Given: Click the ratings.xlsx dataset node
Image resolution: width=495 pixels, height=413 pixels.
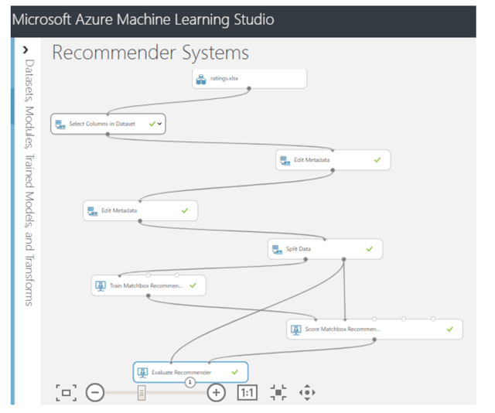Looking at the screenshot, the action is point(249,79).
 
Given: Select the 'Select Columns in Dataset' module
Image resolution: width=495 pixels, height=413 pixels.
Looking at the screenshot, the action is point(108,124).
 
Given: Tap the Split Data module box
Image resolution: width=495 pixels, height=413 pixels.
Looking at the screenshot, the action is point(325,249).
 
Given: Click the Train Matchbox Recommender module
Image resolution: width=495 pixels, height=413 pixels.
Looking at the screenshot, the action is point(148,285).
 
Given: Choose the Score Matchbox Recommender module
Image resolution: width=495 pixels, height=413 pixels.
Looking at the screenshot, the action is point(374,329).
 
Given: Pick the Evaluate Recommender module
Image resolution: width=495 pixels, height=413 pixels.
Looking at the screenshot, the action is point(190,372).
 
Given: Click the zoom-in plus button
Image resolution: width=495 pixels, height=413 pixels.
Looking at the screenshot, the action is point(217,392).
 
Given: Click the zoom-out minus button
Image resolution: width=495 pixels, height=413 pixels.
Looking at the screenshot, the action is point(95,392).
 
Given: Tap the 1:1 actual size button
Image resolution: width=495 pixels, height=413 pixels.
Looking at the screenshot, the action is point(247,392).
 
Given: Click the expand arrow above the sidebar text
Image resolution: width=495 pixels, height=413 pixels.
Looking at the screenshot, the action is point(26,50).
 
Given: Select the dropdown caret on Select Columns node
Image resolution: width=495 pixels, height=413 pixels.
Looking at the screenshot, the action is point(160,124).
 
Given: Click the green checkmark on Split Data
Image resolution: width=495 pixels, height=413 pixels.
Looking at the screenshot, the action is point(370,249).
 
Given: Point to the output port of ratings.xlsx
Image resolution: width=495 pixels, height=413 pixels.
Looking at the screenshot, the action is point(249,89).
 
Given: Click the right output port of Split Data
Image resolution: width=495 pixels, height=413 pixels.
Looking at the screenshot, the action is point(343,259).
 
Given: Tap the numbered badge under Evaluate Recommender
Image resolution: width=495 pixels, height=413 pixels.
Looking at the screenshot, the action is point(190,382).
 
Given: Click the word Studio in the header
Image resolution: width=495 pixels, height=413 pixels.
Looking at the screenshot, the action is point(254,19).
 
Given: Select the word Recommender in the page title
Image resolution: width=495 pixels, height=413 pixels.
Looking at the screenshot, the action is point(114,53).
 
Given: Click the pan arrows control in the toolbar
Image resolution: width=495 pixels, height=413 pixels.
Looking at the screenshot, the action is point(307,392).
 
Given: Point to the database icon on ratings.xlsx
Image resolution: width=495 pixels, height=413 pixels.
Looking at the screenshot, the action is point(201,79).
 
